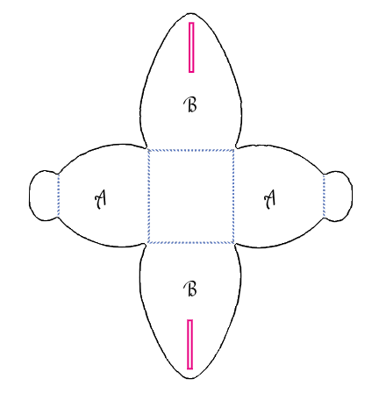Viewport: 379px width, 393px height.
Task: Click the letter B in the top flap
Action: click(x=190, y=105)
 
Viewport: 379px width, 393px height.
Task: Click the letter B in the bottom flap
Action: click(x=190, y=289)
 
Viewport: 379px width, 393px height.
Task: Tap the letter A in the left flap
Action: click(x=100, y=199)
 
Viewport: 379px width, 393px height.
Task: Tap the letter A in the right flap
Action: click(x=270, y=199)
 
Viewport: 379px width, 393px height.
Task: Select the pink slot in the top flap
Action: click(x=191, y=47)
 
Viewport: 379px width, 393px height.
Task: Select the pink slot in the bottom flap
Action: click(x=190, y=344)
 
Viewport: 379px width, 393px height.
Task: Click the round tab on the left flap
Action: click(x=44, y=196)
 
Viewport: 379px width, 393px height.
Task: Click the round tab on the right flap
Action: click(x=338, y=196)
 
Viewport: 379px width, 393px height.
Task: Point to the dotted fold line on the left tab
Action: click(x=59, y=196)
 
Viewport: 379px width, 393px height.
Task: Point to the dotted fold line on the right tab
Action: click(x=324, y=196)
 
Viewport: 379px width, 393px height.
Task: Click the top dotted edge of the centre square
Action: click(x=191, y=150)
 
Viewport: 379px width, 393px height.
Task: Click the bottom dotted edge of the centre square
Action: click(x=191, y=242)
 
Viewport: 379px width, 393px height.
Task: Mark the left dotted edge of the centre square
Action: click(x=149, y=196)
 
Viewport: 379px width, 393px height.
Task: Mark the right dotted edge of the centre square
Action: click(x=233, y=196)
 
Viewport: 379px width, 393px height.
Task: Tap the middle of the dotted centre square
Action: click(x=191, y=196)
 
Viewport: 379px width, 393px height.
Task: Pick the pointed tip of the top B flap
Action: click(x=191, y=13)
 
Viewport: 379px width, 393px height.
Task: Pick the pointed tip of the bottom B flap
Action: click(x=190, y=379)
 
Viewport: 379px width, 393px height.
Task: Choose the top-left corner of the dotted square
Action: click(x=149, y=150)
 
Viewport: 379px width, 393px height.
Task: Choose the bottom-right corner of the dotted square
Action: click(x=233, y=242)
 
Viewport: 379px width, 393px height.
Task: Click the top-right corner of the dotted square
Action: click(x=233, y=150)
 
